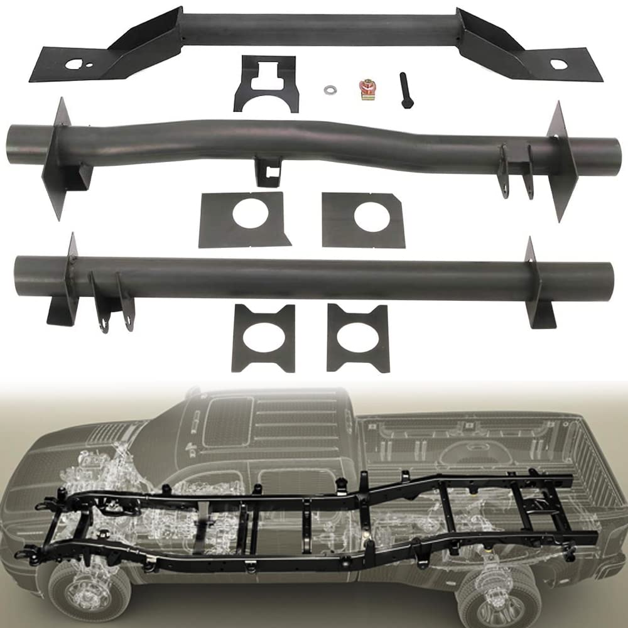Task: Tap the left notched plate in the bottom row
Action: click(264, 338)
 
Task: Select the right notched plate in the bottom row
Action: click(357, 338)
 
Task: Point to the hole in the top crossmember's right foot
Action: click(558, 64)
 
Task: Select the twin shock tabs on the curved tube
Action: click(514, 170)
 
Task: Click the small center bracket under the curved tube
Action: click(268, 171)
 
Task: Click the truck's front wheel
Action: click(88, 587)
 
